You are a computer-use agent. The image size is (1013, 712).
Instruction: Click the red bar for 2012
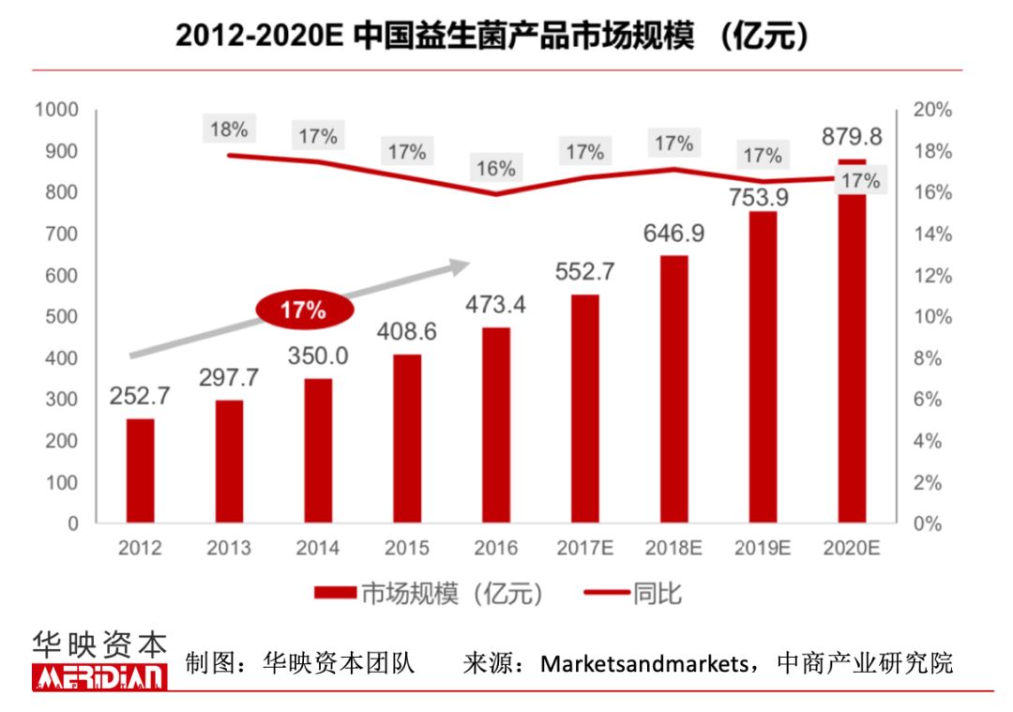point(141,471)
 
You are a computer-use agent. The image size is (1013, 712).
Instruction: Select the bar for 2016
point(496,425)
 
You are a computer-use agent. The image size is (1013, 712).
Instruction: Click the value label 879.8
point(851,137)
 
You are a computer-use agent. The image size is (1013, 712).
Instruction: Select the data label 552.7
point(584,272)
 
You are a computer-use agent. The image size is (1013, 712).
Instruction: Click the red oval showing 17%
point(302,310)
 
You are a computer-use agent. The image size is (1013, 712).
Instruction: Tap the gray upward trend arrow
point(300,310)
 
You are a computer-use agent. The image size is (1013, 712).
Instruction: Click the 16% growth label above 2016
point(495,169)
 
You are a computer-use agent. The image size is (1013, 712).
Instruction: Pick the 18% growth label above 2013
point(229,129)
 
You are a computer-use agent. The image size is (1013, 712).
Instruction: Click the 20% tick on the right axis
point(932,110)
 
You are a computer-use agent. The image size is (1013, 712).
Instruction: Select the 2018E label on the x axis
point(673,548)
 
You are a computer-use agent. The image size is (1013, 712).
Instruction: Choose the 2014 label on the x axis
point(318,548)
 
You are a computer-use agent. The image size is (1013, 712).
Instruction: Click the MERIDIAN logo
point(99,675)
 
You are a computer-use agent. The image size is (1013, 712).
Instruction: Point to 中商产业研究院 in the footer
point(865,664)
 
